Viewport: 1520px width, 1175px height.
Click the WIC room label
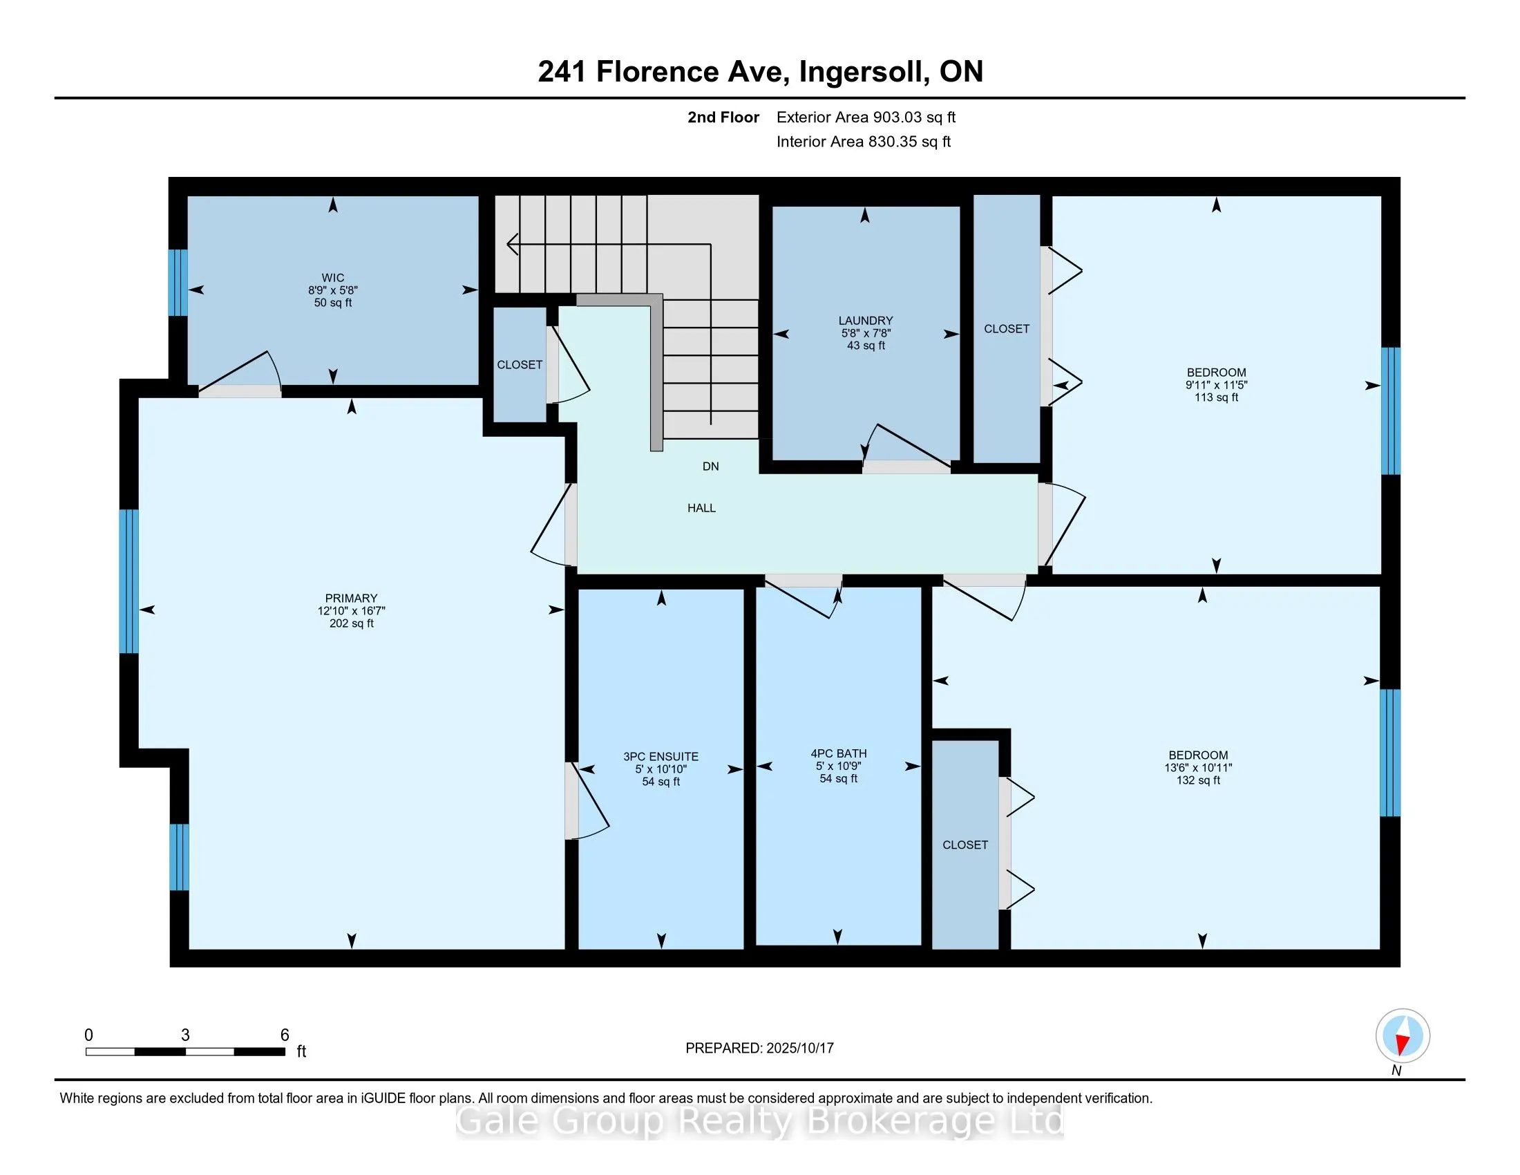tap(334, 278)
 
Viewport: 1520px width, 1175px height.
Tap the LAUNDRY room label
tap(866, 321)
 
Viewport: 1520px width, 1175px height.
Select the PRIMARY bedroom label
tap(352, 598)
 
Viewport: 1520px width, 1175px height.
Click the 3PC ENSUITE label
tap(661, 757)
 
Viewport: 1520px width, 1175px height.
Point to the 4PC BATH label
tap(839, 753)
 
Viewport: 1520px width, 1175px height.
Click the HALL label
tap(701, 508)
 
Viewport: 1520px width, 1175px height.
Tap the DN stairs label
tap(710, 467)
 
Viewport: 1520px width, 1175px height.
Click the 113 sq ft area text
tap(1217, 397)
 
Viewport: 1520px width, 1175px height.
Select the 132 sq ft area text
tap(1199, 780)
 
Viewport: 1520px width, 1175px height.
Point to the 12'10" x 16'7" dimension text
tap(352, 610)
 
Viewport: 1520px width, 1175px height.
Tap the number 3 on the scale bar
tap(185, 1035)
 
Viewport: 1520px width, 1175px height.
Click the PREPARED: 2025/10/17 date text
tap(759, 1049)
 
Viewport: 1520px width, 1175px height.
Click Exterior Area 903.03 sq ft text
tap(866, 117)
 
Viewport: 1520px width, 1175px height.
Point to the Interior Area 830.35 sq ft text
tap(864, 141)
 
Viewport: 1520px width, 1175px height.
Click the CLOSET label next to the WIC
tap(520, 365)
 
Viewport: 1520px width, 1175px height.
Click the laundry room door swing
tap(907, 447)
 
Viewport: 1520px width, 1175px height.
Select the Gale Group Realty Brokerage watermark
tap(759, 1121)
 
